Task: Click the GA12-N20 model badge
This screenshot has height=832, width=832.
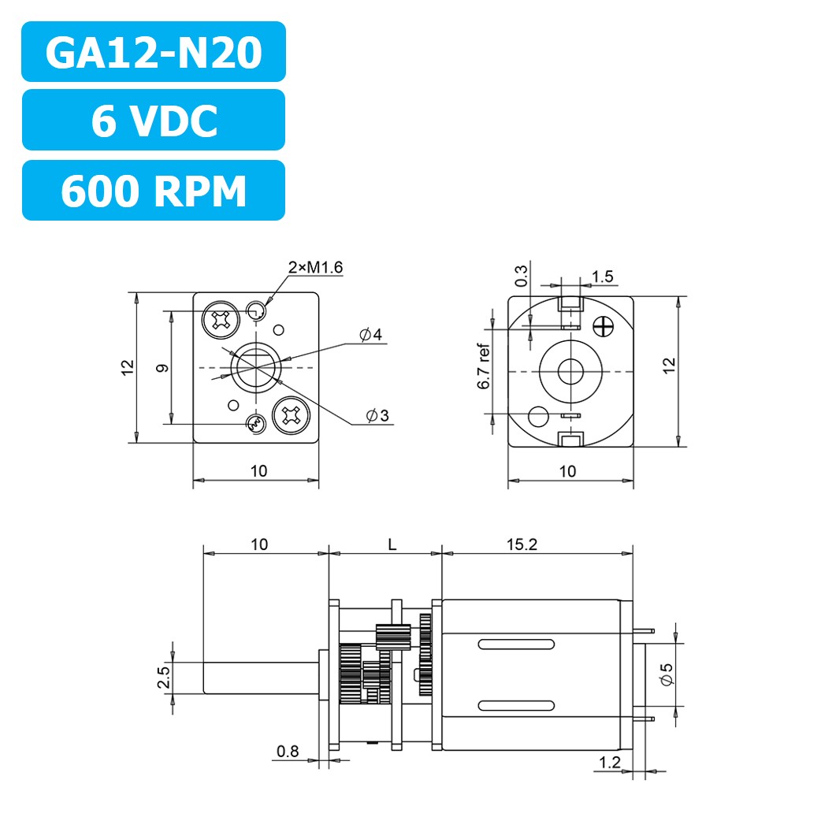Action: coord(153,52)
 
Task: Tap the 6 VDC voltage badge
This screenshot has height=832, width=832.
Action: coord(153,120)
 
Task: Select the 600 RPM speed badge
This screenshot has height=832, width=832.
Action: coord(153,190)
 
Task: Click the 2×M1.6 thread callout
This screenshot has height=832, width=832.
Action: coord(315,268)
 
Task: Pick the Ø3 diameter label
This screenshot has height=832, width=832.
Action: coord(377,415)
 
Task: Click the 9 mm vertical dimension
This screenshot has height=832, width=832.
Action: coord(161,367)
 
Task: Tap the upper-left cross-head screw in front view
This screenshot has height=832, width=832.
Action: coord(220,319)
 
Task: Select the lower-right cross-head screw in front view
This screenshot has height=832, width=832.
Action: coord(289,415)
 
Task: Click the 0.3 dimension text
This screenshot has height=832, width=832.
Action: coord(521,276)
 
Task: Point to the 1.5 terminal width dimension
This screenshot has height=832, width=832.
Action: coord(602,277)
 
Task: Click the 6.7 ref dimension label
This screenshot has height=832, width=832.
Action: coord(484,367)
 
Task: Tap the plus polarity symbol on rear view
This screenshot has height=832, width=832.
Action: coord(605,325)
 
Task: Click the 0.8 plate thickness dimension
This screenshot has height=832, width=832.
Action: coord(288,752)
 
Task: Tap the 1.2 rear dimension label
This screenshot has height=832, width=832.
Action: coord(609,762)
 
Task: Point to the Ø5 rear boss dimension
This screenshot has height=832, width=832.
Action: coord(666,673)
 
